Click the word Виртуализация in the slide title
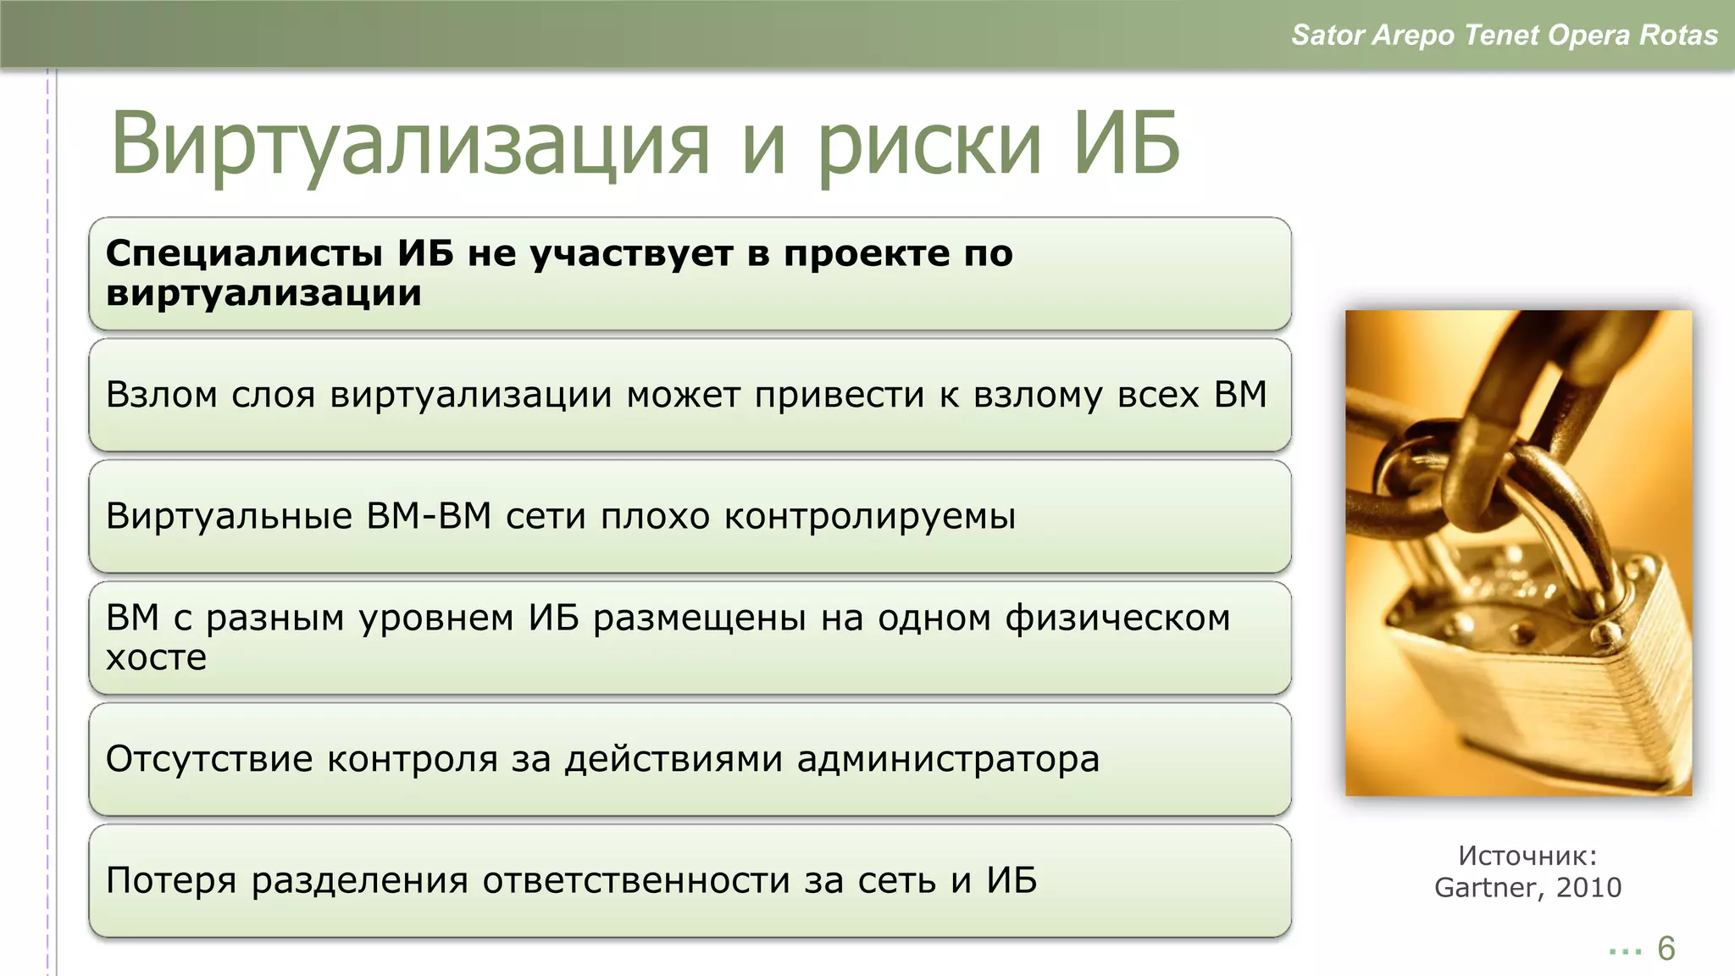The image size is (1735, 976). pyautogui.click(x=410, y=144)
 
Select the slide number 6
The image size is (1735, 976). pyautogui.click(x=1666, y=949)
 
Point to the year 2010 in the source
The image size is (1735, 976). pyautogui.click(x=1588, y=887)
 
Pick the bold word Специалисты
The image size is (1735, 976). pyautogui.click(x=244, y=253)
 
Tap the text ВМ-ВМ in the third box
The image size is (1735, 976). pyautogui.click(x=429, y=516)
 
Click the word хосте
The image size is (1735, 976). pyautogui.click(x=156, y=657)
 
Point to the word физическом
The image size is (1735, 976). pyautogui.click(x=1117, y=618)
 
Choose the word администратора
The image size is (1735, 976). pyautogui.click(x=948, y=759)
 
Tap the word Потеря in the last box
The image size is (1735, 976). pyautogui.click(x=171, y=881)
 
